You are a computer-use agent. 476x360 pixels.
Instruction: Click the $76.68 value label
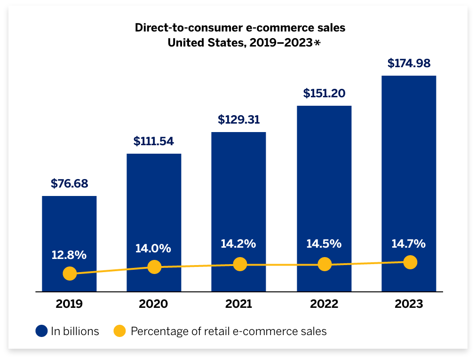click(69, 184)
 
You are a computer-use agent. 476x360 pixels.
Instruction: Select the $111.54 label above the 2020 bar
click(154, 141)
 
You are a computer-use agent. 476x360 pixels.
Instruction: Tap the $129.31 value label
click(238, 120)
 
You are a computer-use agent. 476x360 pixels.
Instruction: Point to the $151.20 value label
click(324, 93)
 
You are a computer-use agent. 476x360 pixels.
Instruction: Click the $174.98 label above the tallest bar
click(409, 63)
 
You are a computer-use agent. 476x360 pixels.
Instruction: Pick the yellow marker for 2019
click(70, 274)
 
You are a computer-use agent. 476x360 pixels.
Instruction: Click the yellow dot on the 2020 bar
click(154, 267)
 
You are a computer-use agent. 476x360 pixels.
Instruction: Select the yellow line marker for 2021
click(240, 264)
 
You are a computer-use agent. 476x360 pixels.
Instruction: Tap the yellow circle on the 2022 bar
click(324, 264)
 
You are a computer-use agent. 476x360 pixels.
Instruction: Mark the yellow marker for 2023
click(410, 262)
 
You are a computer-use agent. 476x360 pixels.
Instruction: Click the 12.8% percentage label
click(69, 255)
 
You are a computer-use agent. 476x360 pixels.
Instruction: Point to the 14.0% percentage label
click(153, 249)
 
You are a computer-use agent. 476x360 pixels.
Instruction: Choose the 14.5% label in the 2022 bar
click(324, 244)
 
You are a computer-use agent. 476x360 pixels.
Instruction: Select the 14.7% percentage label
click(408, 243)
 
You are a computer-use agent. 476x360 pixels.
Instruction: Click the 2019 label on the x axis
click(69, 304)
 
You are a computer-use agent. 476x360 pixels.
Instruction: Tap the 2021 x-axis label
click(238, 304)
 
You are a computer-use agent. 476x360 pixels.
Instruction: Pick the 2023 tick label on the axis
click(409, 304)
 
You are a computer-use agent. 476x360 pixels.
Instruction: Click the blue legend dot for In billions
click(41, 331)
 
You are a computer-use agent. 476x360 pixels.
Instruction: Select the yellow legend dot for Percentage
click(120, 331)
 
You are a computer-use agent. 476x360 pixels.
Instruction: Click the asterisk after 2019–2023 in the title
click(317, 43)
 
